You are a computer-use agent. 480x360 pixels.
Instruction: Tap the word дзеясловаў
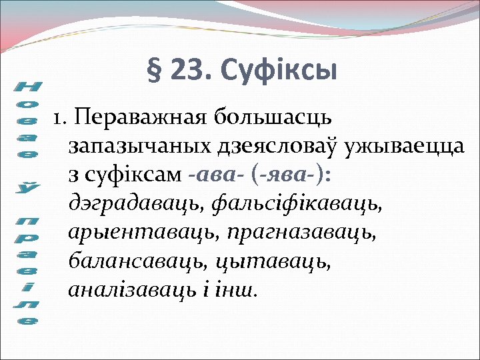268,147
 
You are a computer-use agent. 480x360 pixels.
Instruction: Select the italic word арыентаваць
143,233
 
